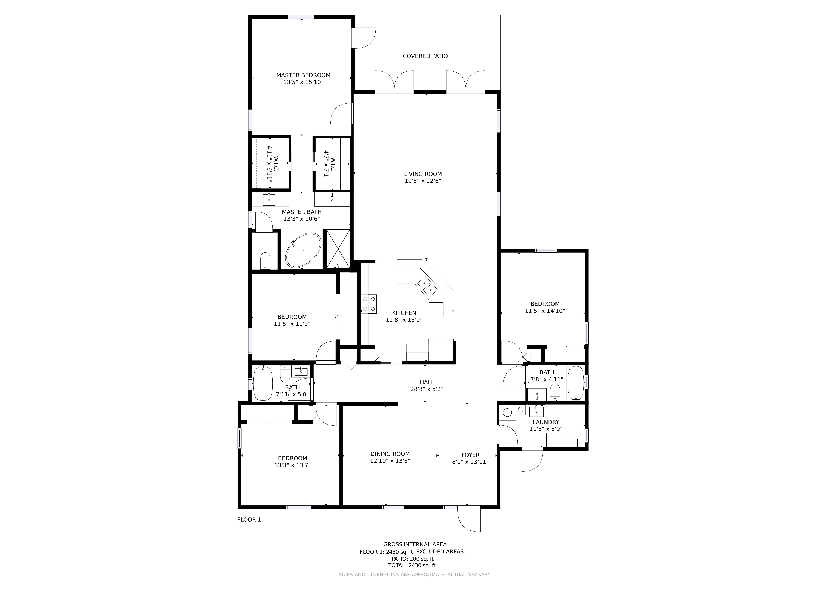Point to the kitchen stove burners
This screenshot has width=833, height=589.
click(369, 304)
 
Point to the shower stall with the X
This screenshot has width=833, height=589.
click(338, 249)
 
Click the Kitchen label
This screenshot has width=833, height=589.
click(404, 313)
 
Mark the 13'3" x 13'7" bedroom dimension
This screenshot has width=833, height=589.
click(292, 465)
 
